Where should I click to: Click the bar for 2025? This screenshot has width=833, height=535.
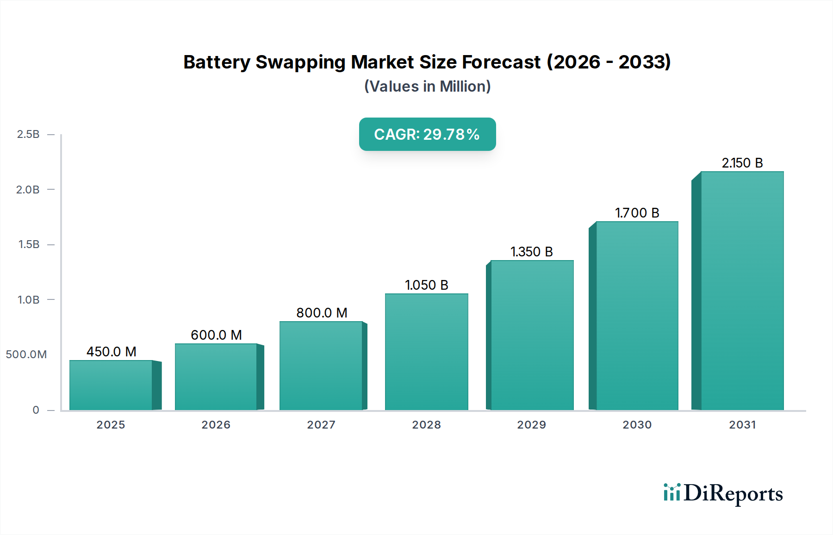[x=111, y=385]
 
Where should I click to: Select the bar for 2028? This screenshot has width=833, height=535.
[x=426, y=352]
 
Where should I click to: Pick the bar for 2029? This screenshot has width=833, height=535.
[x=532, y=335]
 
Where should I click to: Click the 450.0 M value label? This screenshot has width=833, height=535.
[x=112, y=352]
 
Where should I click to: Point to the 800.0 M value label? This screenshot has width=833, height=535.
[x=322, y=313]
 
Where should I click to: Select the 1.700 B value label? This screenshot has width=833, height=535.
[x=637, y=213]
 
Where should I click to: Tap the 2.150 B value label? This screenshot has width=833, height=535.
[x=742, y=163]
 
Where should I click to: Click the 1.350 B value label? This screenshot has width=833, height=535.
[x=532, y=252]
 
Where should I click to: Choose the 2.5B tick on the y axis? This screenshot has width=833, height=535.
[x=28, y=134]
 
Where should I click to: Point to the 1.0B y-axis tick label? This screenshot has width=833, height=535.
[x=28, y=300]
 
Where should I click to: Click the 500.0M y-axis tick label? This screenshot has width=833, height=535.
[x=26, y=355]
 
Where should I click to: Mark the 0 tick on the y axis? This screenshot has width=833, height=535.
[x=36, y=410]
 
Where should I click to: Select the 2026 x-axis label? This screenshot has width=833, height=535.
[x=216, y=425]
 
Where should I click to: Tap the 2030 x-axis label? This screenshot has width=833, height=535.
[x=637, y=425]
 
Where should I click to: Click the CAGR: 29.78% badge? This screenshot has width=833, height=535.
[x=427, y=134]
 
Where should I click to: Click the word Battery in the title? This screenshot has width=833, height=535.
[x=217, y=62]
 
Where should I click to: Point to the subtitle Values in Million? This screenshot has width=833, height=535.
[x=427, y=87]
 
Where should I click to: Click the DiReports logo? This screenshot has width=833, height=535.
[x=723, y=493]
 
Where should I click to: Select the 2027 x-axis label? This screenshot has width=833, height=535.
[x=321, y=425]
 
